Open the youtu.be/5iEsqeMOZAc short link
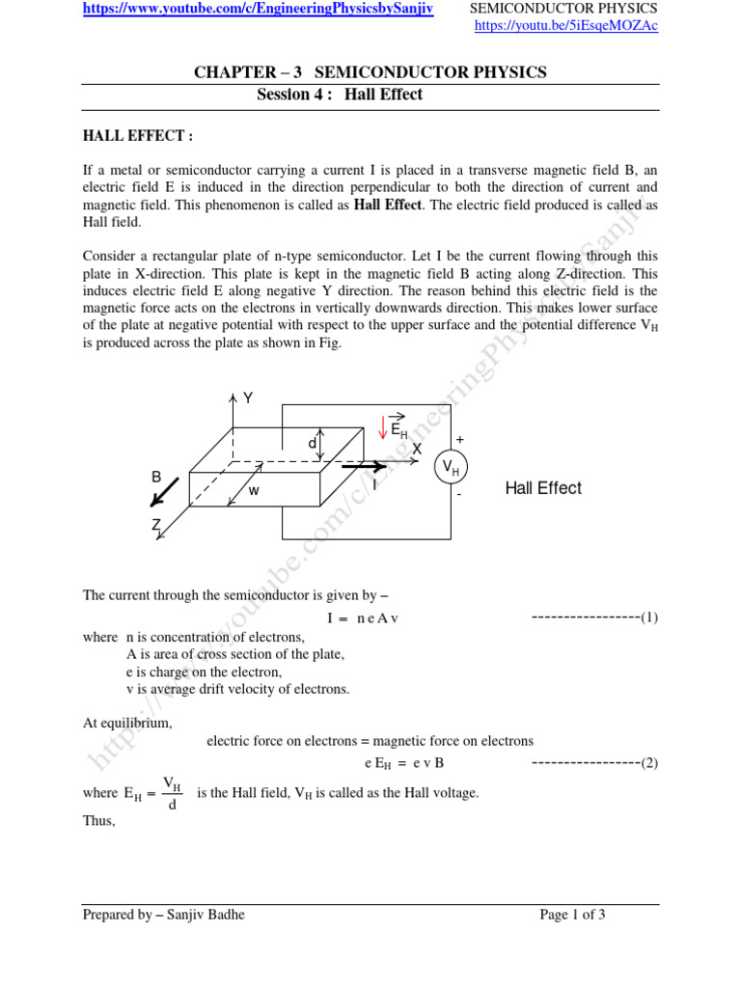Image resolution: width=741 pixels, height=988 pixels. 567,26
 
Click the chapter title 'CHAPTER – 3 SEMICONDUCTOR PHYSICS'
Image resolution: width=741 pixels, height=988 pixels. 370,72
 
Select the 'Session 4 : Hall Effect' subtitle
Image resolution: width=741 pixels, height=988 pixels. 339,95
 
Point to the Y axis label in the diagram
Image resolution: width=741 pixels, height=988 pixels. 247,398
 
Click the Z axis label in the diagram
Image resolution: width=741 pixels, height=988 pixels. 155,524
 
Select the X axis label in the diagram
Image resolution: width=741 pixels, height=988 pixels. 417,450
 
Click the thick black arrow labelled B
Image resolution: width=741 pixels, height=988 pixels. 164,491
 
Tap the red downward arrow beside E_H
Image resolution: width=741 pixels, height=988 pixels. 383,426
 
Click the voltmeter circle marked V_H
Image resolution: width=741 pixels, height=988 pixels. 450,468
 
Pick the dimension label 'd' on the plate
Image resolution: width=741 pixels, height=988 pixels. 312,443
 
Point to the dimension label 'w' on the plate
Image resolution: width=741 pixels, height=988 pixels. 254,490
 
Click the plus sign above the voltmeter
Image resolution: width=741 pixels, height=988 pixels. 459,439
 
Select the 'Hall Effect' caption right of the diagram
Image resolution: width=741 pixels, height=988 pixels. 543,488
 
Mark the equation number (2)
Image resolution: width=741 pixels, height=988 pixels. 649,763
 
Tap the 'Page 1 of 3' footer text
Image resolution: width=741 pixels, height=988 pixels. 572,915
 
